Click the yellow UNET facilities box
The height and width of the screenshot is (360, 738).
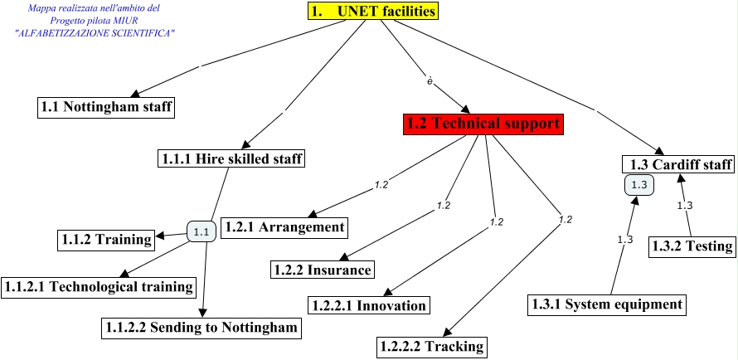[x=371, y=12]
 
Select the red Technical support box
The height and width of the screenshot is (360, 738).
[x=483, y=124]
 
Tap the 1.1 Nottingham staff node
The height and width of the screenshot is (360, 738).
[x=107, y=107]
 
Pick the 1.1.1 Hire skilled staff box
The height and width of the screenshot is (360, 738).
[x=231, y=158]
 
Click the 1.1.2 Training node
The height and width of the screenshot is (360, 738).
[x=106, y=239]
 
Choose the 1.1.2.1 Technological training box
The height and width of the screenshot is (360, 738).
[x=99, y=286]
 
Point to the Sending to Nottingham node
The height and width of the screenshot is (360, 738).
[x=201, y=328]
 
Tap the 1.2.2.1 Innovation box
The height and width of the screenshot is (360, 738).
[x=370, y=305]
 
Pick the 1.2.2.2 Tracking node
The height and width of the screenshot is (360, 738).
[x=430, y=346]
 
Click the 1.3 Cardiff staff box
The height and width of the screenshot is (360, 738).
[x=678, y=165]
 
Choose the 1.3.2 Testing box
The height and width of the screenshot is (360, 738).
[x=691, y=246]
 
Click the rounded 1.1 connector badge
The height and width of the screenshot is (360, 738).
[x=201, y=232]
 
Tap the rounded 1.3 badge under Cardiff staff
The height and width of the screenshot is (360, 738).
[x=638, y=185]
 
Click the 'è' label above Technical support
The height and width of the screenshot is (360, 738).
[x=430, y=81]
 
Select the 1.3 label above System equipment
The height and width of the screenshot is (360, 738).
[x=625, y=240]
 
